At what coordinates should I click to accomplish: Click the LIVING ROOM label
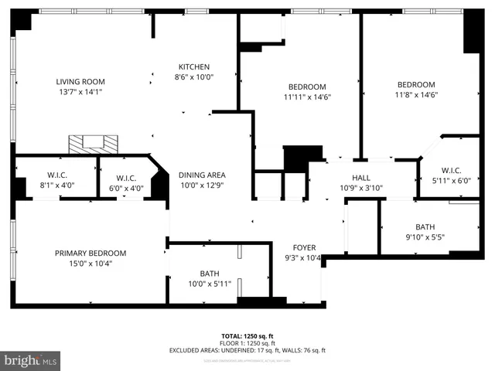[80, 81]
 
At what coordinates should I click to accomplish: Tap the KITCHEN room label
[194, 66]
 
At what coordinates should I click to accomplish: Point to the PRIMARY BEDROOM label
[90, 253]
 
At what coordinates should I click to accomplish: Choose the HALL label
[361, 177]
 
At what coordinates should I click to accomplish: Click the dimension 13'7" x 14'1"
[80, 91]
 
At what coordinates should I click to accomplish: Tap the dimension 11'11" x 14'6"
[307, 97]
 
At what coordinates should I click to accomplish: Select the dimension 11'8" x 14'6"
[416, 95]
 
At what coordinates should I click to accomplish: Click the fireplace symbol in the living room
[93, 143]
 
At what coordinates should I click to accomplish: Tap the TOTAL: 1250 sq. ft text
[247, 336]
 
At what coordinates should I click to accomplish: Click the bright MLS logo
[31, 360]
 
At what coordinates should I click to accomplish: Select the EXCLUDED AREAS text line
[247, 350]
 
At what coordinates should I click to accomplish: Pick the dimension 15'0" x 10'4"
[90, 263]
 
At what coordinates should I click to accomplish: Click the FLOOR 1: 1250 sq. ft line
[247, 343]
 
